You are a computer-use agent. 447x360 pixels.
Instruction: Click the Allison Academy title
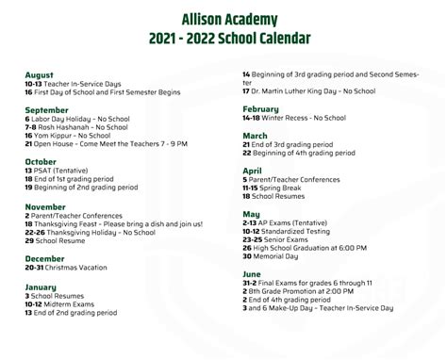(x=223, y=18)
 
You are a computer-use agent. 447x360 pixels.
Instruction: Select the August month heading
(x=39, y=74)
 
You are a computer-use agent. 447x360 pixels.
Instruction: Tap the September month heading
(x=46, y=109)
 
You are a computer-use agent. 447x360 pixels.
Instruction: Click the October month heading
(x=41, y=162)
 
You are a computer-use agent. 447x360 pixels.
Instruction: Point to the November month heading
(x=45, y=206)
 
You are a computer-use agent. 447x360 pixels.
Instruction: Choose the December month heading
(x=44, y=258)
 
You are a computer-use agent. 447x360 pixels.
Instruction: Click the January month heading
(x=41, y=286)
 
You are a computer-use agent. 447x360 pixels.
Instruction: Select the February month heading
(x=260, y=109)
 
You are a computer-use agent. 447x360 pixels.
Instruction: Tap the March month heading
(x=255, y=136)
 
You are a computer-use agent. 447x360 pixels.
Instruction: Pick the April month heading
(x=252, y=171)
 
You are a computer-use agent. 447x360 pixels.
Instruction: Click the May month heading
(x=250, y=214)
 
